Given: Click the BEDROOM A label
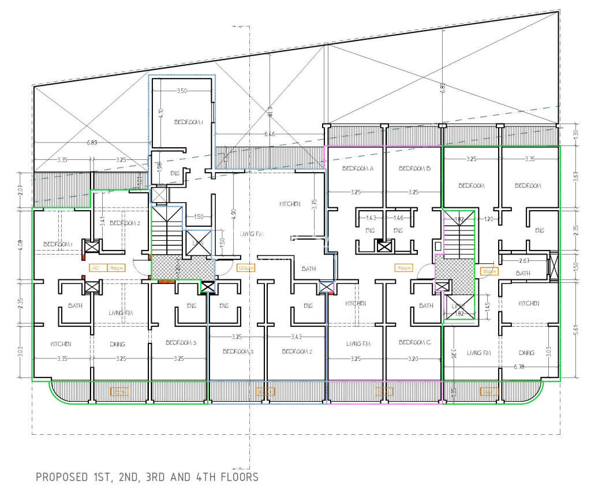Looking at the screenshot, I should (358, 169).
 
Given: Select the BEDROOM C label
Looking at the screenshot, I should (415, 342).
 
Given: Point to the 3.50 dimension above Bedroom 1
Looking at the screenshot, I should (182, 91).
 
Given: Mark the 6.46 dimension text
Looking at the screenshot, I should (270, 135).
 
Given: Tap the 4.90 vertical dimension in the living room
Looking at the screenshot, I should (233, 211).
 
